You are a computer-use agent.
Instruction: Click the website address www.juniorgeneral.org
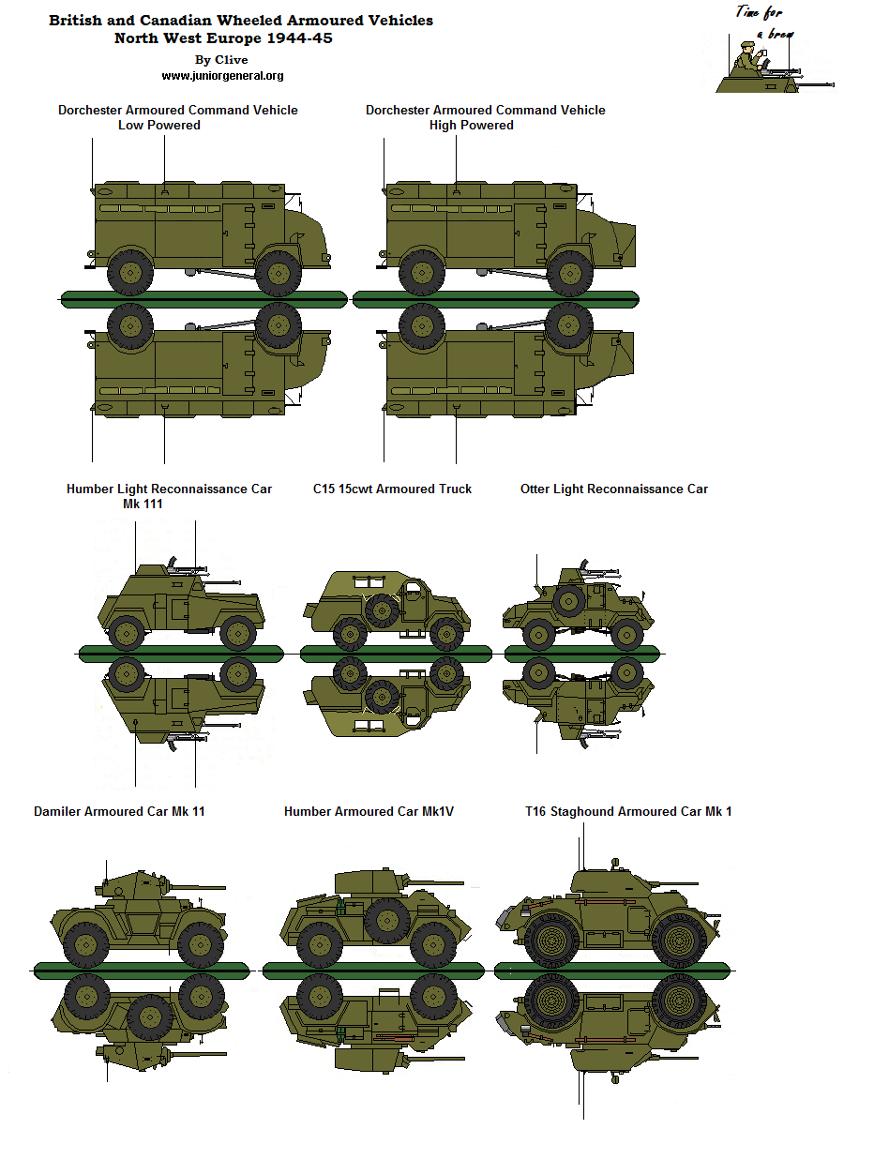[222, 76]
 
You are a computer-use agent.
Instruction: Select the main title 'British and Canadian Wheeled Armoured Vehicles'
[241, 21]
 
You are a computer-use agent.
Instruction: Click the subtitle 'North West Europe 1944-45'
[223, 38]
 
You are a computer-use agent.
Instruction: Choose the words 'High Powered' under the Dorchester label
[471, 125]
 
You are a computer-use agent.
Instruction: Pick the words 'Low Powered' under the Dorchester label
[158, 125]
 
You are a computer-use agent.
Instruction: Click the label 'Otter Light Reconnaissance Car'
[614, 489]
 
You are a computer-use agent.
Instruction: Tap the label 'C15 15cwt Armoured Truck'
[392, 489]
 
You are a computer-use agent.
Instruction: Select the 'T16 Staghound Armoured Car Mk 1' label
[628, 811]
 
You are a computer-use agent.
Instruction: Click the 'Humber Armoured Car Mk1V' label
[369, 811]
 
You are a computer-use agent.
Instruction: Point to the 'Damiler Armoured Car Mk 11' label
[119, 811]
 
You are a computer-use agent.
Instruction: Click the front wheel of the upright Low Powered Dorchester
[278, 273]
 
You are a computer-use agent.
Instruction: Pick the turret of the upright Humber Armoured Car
[368, 881]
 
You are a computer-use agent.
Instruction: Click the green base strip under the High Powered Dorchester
[495, 299]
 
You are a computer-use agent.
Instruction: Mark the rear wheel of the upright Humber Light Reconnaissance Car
[126, 633]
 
